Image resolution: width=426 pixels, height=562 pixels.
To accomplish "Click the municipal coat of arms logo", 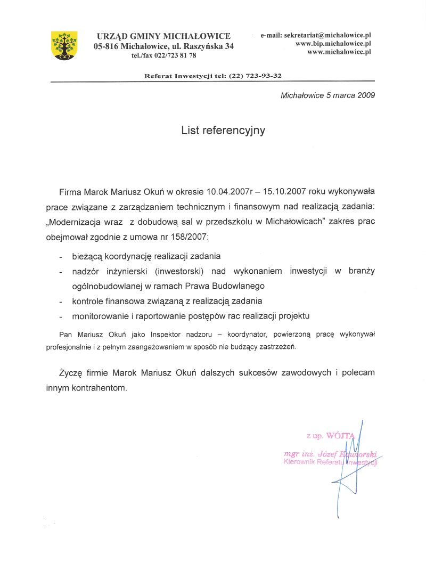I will click(64, 45).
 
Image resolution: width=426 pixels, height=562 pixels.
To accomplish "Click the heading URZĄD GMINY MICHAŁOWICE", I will click(163, 36).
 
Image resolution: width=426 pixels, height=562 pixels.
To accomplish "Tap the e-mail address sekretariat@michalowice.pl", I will click(326, 35).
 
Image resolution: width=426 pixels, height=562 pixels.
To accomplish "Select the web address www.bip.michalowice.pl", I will click(333, 43).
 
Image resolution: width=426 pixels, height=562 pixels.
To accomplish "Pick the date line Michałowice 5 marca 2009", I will click(327, 95).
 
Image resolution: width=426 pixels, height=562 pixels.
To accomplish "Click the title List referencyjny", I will click(223, 130).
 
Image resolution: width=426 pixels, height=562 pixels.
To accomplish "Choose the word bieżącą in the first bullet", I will click(87, 256).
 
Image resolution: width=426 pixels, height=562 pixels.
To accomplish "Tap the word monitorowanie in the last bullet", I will click(101, 316).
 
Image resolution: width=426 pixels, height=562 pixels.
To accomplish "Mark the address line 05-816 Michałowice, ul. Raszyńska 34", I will click(163, 46).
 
